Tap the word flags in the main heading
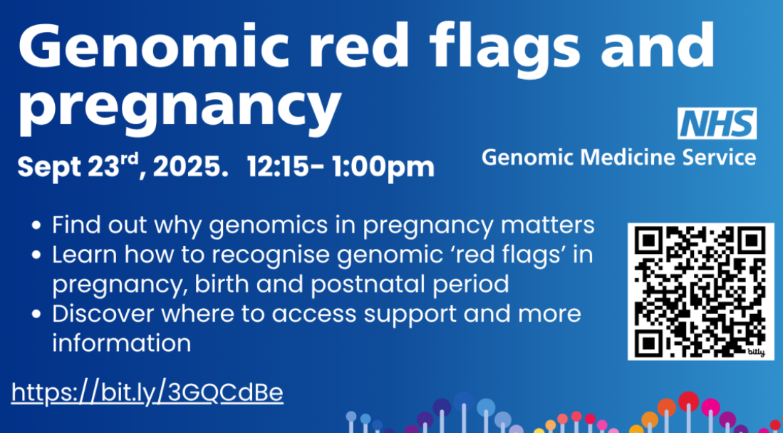pos(508,46)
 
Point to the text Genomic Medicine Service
pos(618,157)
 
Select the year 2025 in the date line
pos(188,167)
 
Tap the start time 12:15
pos(278,167)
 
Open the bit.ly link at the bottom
pos(147,392)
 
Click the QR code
pos(700,291)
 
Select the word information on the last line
pos(121,343)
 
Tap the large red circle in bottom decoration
pos(688,402)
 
